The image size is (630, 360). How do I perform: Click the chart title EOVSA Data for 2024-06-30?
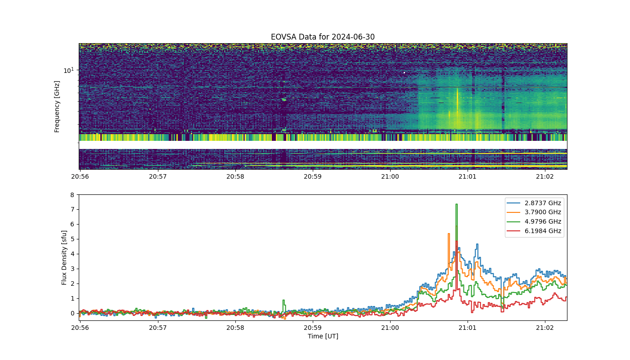pos(323,37)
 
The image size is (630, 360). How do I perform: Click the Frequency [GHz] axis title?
pos(57,107)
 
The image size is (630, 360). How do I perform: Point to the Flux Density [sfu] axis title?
pos(64,257)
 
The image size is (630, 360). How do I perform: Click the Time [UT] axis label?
pos(323,336)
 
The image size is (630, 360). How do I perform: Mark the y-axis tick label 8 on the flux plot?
pos(72,194)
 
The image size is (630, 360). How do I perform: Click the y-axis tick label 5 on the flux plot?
pos(72,239)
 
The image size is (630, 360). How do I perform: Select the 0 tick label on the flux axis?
pos(72,313)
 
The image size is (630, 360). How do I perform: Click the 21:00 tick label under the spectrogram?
pos(390,176)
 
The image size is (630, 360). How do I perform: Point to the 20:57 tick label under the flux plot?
pos(158,328)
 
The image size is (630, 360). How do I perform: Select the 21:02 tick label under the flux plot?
pos(545,328)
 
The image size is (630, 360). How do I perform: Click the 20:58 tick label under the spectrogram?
pos(235,176)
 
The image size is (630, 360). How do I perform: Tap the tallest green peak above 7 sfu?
pos(456,204)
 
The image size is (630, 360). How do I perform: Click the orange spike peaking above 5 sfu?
pos(449,234)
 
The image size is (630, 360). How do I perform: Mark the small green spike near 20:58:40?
pos(284,301)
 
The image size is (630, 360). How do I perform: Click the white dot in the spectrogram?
pos(405,72)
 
